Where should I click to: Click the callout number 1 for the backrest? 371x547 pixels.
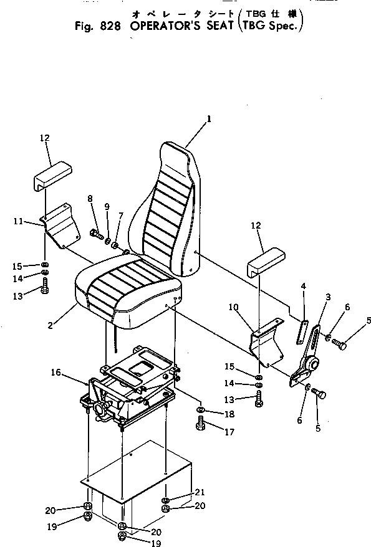209,117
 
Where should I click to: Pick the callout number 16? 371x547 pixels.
55,372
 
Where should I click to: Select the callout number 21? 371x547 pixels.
200,492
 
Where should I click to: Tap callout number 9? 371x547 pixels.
106,206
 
